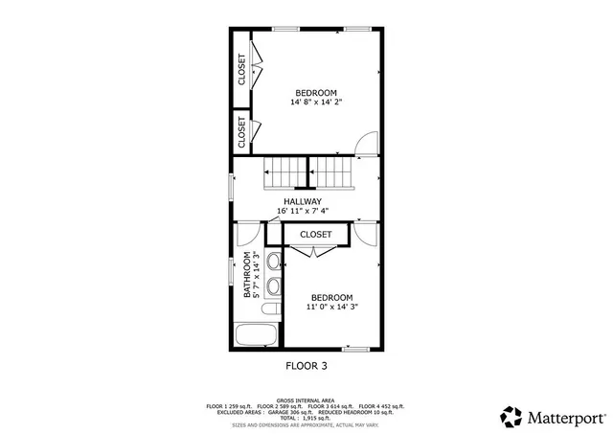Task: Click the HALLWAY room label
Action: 302,201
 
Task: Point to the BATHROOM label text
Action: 246,275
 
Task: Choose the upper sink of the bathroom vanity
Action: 272,261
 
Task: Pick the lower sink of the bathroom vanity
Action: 272,285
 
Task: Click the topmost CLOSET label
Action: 241,69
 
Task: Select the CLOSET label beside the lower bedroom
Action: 315,234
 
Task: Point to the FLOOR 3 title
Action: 306,365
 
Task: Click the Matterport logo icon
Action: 511,416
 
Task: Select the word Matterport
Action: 564,417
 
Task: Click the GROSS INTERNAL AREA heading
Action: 306,400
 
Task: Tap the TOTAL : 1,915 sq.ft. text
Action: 306,418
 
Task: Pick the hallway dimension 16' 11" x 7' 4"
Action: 302,211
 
